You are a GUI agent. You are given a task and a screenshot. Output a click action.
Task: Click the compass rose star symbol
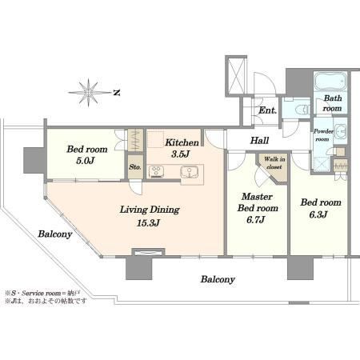tap(89, 93)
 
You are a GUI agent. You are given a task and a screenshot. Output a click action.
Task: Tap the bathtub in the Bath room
tap(330, 81)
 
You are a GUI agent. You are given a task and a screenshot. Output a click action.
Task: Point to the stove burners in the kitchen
tap(156, 172)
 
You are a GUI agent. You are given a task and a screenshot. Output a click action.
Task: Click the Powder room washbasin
tap(340, 131)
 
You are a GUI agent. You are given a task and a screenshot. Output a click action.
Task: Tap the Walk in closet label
tap(274, 163)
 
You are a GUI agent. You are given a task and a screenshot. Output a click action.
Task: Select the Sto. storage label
tap(135, 167)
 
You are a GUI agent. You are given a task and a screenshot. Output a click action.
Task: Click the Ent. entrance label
tap(268, 110)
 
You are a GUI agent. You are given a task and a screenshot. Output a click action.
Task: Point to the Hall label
tap(259, 140)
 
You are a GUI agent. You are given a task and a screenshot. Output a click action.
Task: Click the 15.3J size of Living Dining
tap(148, 223)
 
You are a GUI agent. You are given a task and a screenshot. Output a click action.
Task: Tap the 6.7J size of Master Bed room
tap(255, 220)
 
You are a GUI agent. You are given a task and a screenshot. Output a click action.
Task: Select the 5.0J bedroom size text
tap(86, 161)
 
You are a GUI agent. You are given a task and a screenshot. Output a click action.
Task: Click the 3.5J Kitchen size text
tap(180, 154)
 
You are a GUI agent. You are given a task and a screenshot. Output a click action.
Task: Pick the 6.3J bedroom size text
tap(318, 214)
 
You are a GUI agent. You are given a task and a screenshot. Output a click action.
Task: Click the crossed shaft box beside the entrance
tap(236, 76)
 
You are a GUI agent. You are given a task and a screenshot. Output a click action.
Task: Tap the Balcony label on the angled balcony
tap(55, 234)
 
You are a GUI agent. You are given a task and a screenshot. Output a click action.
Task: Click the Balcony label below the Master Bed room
tap(218, 279)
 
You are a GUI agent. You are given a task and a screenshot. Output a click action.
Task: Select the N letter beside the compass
tap(117, 93)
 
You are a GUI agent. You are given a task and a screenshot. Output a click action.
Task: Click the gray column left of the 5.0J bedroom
tap(34, 160)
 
